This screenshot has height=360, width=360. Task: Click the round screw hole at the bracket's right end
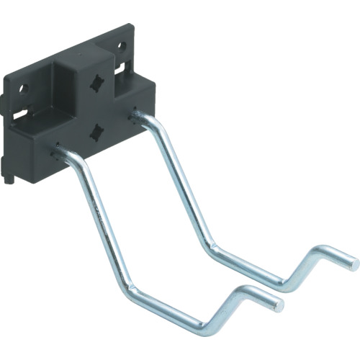[121, 48]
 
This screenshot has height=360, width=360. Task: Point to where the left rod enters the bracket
[57, 152]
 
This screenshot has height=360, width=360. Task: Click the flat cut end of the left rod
[279, 305]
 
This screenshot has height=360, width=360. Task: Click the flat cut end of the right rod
[354, 264]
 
